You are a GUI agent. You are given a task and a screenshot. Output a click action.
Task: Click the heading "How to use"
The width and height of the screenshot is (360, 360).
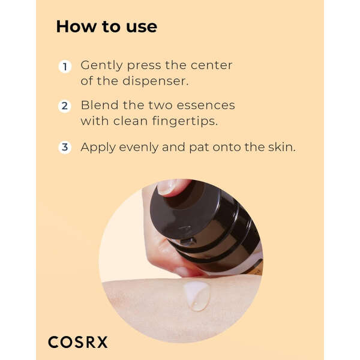pyautogui.click(x=106, y=26)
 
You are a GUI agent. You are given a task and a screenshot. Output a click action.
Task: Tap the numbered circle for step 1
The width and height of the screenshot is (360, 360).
pyautogui.click(x=65, y=67)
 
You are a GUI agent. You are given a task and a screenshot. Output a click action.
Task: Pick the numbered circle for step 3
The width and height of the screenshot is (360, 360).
pyautogui.click(x=65, y=147)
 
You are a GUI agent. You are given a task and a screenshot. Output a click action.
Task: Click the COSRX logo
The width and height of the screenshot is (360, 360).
pyautogui.click(x=78, y=342)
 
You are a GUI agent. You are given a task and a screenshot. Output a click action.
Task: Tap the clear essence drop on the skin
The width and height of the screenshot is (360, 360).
pyautogui.click(x=197, y=296)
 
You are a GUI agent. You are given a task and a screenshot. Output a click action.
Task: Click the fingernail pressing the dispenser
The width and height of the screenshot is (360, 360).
pyautogui.click(x=167, y=187)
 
